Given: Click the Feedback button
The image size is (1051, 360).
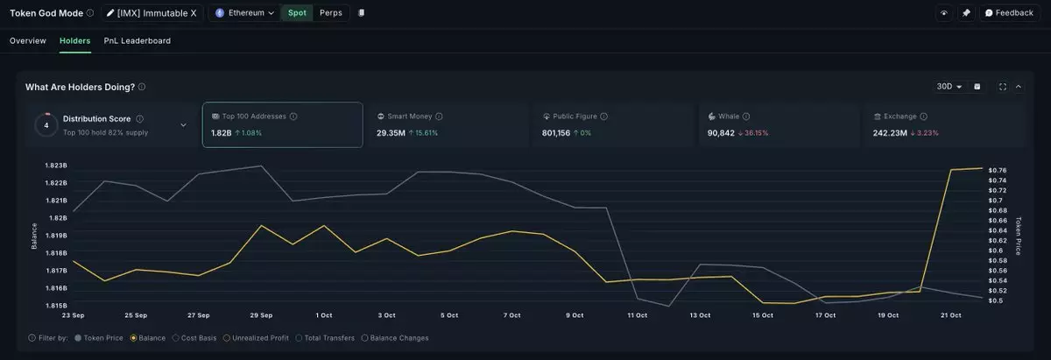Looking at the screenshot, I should tap(1008, 13).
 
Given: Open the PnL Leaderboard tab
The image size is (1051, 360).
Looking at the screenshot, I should tap(138, 41).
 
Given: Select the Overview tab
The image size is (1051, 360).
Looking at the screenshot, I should tap(28, 41).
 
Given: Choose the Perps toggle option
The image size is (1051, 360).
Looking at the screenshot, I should tap(331, 13).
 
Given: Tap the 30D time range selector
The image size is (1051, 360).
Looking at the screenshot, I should tap(949, 87).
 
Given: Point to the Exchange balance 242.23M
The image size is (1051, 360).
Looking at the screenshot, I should tap(892, 133).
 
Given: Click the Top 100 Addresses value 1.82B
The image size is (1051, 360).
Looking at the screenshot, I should tap(222, 133).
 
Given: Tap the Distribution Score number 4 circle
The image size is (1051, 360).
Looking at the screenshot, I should tap(46, 124).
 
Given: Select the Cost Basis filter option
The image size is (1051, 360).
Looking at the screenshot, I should tap(197, 337).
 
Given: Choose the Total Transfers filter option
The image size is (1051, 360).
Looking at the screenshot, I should tap(326, 337).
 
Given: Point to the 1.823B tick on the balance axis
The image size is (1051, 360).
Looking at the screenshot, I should tap(56, 166).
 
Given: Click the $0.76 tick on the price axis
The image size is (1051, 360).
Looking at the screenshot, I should tap(997, 170).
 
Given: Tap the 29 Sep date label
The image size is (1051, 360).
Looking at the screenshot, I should tap(261, 314).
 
